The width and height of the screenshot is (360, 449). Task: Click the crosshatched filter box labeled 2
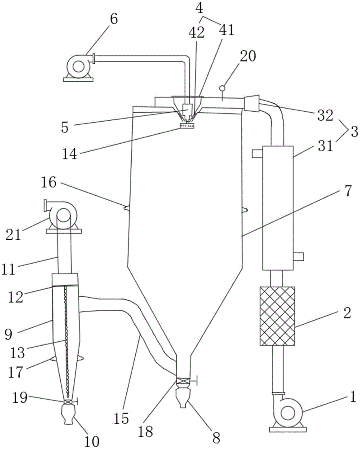[277, 316]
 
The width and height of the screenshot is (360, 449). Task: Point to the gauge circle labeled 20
[222, 88]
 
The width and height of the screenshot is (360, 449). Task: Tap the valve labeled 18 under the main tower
[183, 381]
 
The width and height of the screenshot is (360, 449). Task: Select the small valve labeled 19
[68, 402]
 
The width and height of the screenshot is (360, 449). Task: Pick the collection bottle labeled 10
[68, 414]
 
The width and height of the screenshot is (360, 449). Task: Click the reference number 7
[347, 191]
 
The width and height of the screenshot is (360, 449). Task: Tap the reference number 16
[49, 182]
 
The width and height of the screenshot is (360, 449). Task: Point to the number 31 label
[325, 147]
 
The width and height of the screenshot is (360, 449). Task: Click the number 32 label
[325, 116]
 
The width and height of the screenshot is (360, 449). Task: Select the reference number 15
[121, 418]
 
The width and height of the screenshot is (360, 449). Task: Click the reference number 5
[65, 128]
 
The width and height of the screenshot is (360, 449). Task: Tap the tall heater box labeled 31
[278, 208]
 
